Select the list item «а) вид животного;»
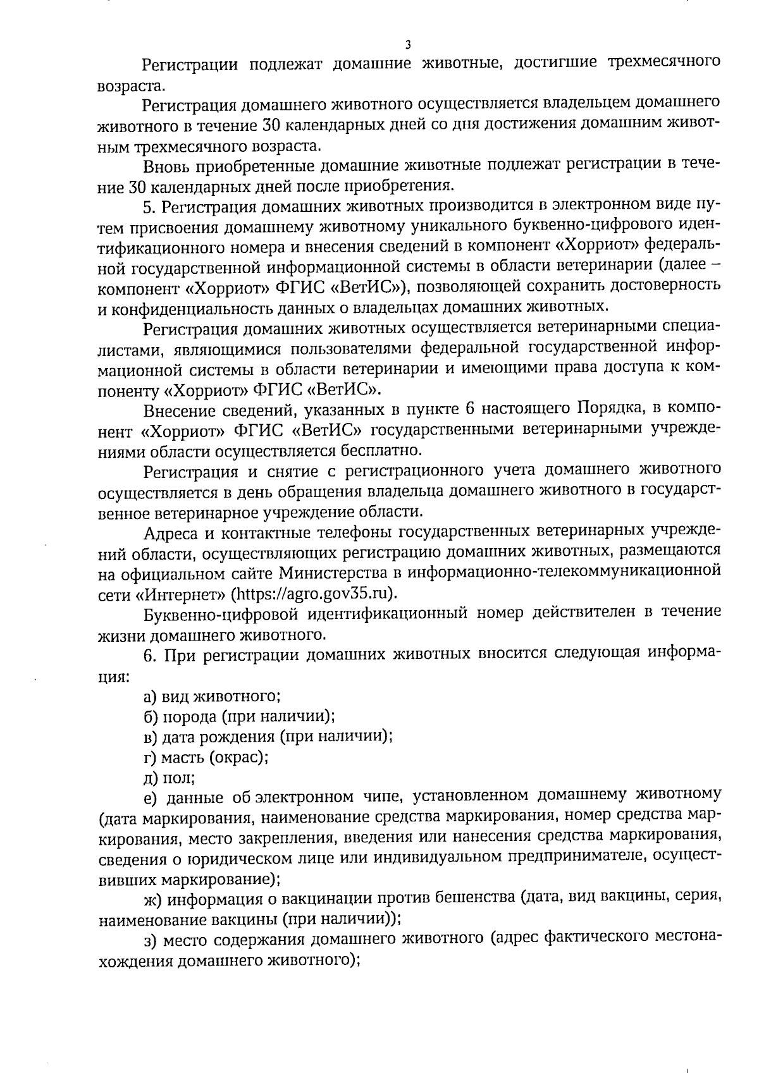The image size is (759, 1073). point(213,696)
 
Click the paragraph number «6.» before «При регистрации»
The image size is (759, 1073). point(149,655)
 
